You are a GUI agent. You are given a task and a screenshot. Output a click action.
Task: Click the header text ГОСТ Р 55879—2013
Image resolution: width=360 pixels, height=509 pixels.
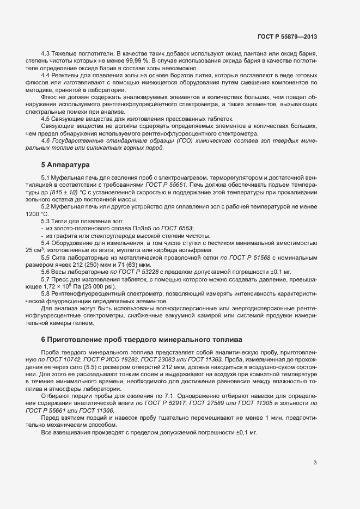pos(287,36)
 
